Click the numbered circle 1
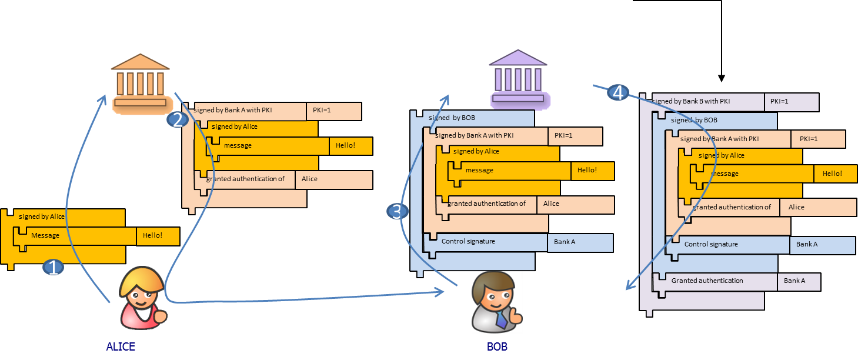coord(54,268)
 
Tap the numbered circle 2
coord(177,120)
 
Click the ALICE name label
coord(121,346)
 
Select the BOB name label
coord(497,346)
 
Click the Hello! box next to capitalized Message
coord(158,236)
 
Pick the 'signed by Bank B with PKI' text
coord(691,101)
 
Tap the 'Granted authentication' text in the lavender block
coord(707,281)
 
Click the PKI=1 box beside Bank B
coord(792,102)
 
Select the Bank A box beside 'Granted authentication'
coord(799,281)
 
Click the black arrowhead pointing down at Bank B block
coord(722,78)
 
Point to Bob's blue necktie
coord(500,320)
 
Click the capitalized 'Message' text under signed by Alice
coord(45,235)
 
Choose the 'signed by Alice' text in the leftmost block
coord(42,216)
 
